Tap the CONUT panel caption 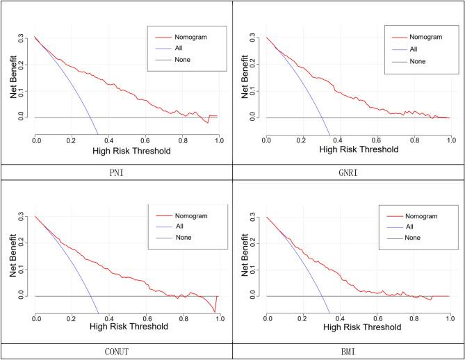[116, 351]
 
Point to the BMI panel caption [348, 351]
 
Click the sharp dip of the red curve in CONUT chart [215, 312]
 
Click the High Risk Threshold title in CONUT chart [127, 330]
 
